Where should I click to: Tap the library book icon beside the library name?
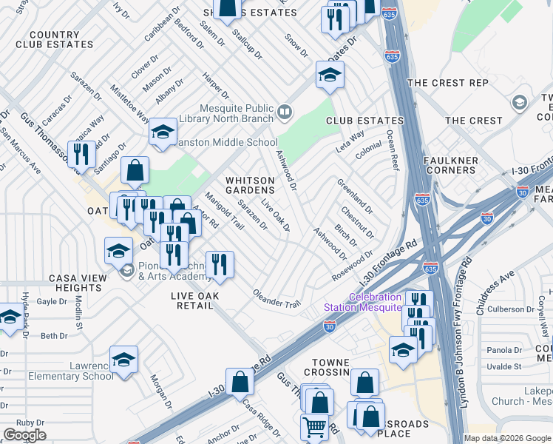[285, 112]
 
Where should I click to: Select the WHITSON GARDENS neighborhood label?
[250, 185]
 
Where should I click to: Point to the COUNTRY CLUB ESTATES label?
[55, 39]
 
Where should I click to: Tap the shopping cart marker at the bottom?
[314, 427]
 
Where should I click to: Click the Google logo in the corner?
[24, 434]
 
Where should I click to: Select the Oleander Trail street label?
[277, 300]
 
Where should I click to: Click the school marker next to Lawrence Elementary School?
[124, 360]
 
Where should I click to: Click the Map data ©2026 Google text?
[507, 438]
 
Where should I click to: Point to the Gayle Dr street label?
[52, 301]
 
